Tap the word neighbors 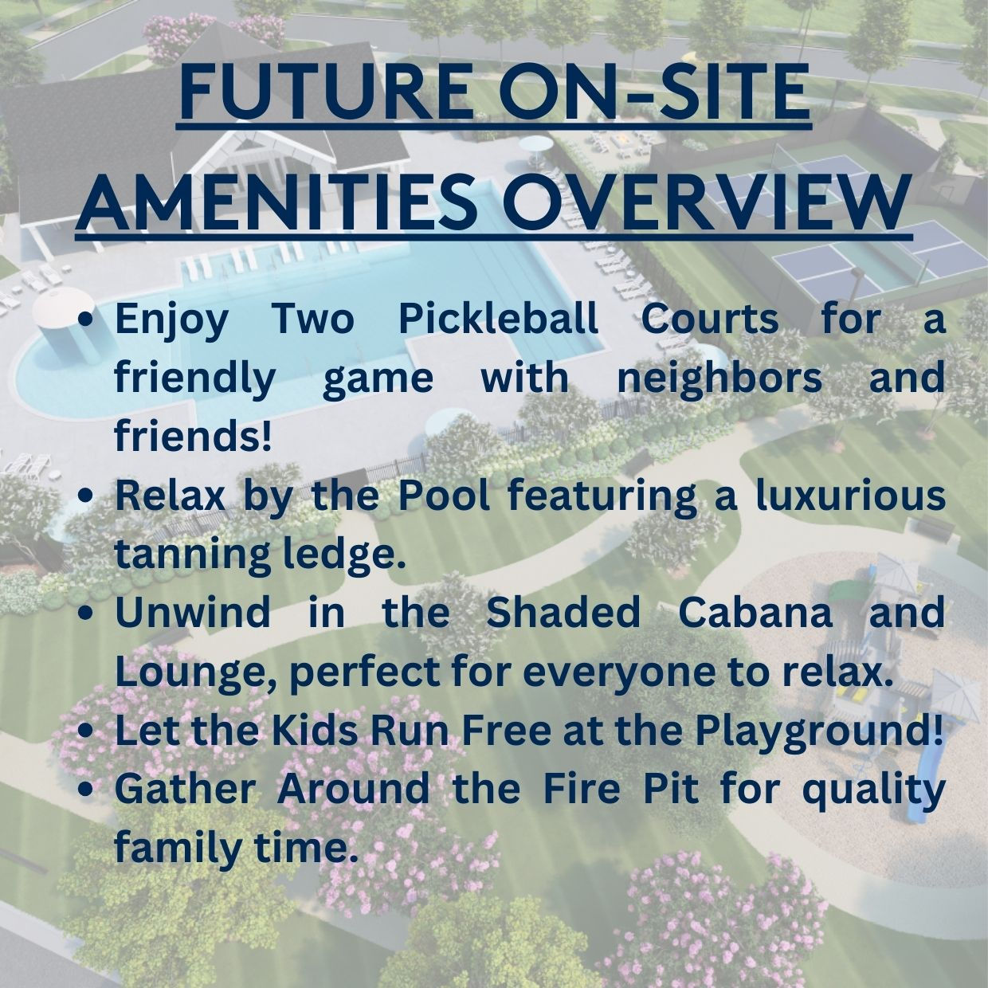tap(720, 378)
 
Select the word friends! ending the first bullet tap(192, 435)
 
